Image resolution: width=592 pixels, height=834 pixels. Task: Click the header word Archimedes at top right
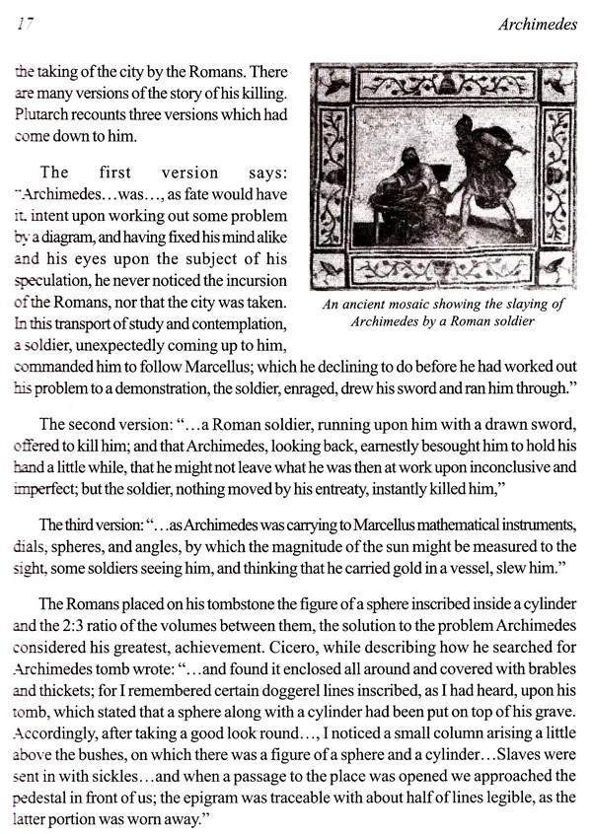point(539,26)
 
